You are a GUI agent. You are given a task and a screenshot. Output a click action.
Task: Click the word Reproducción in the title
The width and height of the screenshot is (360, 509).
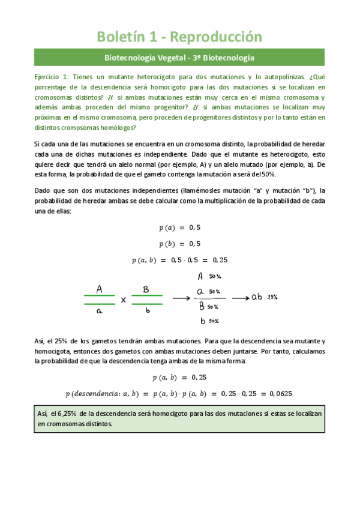pos(217,37)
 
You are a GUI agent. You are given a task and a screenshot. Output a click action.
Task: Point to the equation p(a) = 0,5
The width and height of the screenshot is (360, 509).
pos(179,227)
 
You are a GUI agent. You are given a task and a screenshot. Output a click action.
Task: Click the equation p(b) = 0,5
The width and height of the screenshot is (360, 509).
pos(179,244)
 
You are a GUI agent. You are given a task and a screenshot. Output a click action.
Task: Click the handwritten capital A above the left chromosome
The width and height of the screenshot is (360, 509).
pos(99,289)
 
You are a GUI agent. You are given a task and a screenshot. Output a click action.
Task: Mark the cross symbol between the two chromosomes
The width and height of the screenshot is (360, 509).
pos(124,300)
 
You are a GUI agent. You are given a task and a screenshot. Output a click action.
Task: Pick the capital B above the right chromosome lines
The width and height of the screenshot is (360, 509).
pos(146,289)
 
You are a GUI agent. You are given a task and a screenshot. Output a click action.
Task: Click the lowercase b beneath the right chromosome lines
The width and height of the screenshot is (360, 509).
pos(146,312)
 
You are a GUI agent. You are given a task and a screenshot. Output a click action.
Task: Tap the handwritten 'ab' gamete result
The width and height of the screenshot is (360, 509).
pos(257,297)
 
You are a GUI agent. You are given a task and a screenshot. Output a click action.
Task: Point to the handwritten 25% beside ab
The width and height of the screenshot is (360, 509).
pos(272,297)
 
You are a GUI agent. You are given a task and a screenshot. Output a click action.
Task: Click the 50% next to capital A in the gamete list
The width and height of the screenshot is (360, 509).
pos(214,277)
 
